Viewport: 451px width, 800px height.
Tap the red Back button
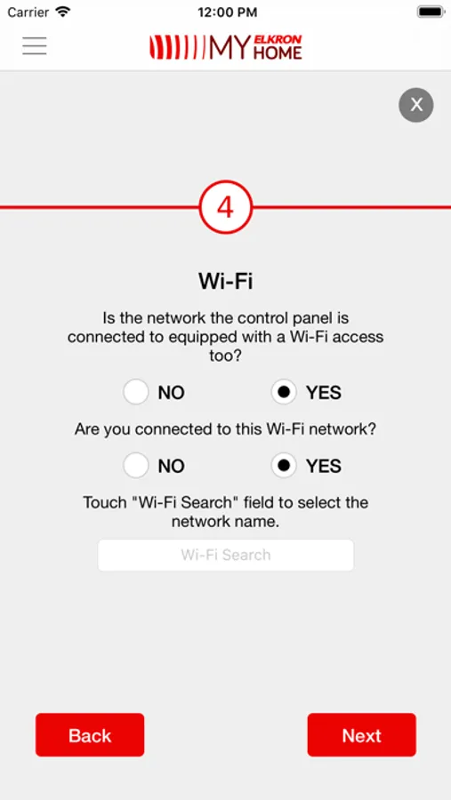(x=90, y=735)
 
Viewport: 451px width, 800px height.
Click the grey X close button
(x=416, y=105)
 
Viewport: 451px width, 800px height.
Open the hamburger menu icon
(x=34, y=46)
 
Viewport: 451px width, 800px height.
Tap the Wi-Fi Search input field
(x=226, y=555)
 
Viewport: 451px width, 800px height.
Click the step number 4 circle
(x=226, y=207)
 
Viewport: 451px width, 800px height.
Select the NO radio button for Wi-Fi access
(x=136, y=392)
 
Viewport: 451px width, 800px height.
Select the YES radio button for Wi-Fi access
(x=284, y=392)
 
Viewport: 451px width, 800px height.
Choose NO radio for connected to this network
(x=136, y=466)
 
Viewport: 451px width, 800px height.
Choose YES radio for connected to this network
(x=284, y=466)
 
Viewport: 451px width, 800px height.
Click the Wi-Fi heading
(x=226, y=281)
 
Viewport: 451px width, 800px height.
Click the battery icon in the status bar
(x=430, y=12)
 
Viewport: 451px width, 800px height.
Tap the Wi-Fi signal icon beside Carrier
(x=63, y=12)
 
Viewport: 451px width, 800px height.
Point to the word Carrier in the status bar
(x=28, y=12)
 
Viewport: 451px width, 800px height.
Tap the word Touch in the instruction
(x=105, y=502)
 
